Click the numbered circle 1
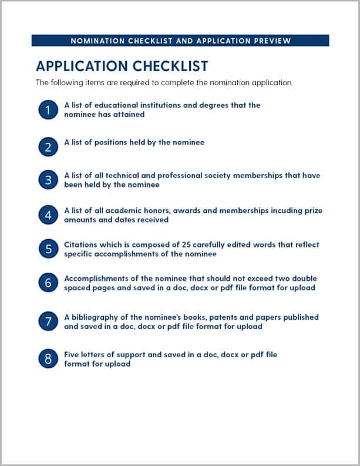coord(48,110)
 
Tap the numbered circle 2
coord(48,146)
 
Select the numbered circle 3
coord(48,180)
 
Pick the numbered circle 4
coord(48,215)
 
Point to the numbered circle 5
coord(48,249)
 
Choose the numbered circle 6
coord(48,283)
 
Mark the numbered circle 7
coord(48,321)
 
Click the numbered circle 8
coord(48,359)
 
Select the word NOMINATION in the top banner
coord(95,41)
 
